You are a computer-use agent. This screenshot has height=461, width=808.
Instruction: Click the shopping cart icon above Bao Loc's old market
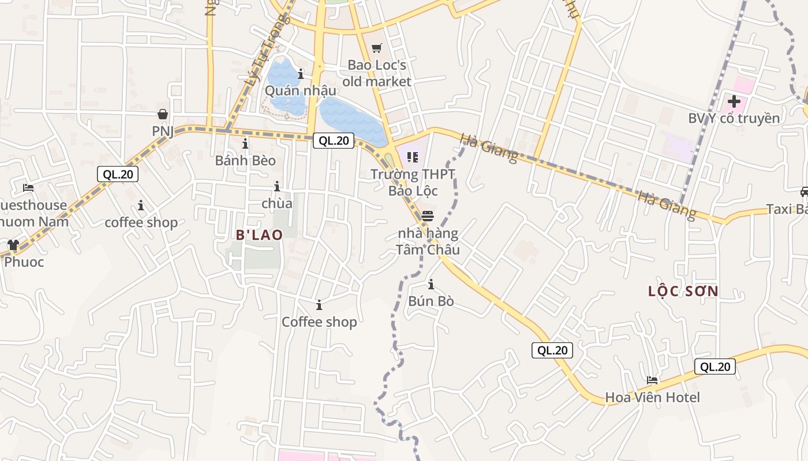point(377,48)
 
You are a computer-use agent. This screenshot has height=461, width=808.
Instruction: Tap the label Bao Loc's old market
point(377,73)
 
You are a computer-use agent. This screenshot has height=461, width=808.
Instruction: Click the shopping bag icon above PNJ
point(163,114)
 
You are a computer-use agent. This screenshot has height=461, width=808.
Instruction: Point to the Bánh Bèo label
point(245,160)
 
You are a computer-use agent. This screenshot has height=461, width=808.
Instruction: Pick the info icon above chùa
point(277,186)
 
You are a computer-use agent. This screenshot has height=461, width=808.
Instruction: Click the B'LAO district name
point(259,235)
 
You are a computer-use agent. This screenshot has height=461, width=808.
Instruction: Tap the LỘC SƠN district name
point(683,291)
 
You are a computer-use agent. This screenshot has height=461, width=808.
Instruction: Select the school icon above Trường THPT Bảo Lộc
point(412,157)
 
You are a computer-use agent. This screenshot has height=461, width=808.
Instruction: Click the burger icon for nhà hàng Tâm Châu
point(428,216)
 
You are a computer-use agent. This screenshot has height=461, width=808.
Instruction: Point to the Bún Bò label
point(431,301)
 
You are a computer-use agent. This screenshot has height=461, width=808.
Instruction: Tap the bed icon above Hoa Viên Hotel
point(652,380)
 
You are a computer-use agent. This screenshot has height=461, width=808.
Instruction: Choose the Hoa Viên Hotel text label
point(652,397)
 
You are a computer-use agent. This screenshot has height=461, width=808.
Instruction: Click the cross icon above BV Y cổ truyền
point(734,102)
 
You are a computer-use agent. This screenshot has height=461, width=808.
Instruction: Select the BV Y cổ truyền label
point(734,118)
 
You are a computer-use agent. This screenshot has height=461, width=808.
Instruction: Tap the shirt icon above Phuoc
point(13,245)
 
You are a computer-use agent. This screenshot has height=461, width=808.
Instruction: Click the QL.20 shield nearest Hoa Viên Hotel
point(715,366)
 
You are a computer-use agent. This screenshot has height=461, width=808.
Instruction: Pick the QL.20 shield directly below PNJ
point(118,174)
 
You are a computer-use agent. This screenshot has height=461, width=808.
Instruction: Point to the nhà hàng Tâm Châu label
point(428,241)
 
